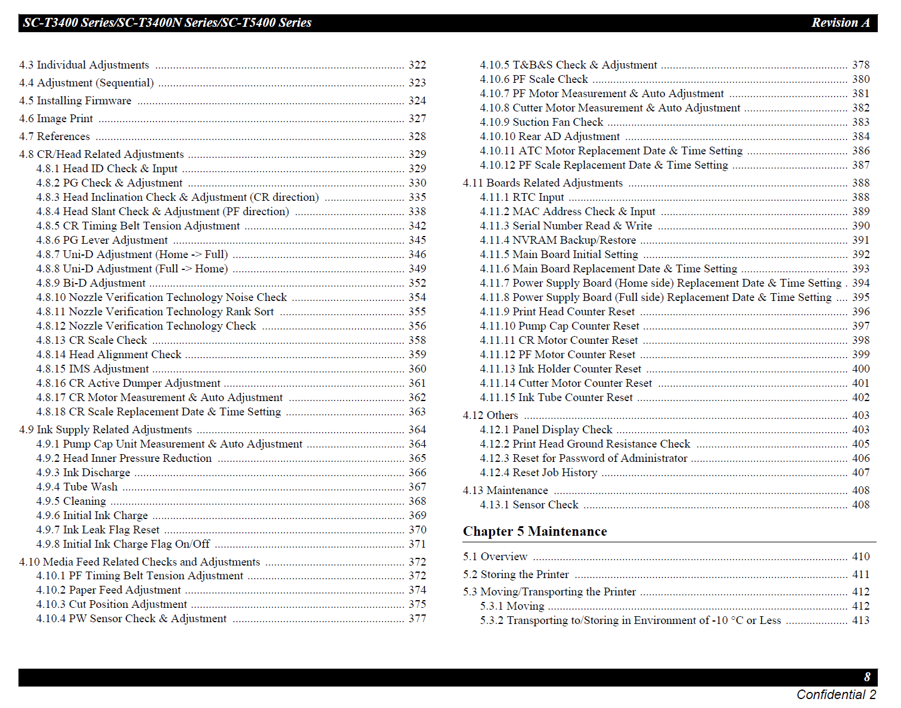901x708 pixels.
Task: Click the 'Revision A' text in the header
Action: tap(840, 23)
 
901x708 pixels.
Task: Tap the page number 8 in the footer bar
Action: tap(867, 677)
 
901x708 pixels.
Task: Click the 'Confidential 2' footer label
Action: tap(836, 695)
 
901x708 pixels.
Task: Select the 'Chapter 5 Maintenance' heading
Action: tap(535, 532)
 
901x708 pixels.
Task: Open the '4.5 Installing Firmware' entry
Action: tap(75, 101)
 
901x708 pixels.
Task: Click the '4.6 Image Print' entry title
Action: tap(56, 119)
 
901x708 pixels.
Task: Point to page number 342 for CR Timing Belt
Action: tap(417, 226)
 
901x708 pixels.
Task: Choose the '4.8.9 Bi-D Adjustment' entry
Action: tap(91, 283)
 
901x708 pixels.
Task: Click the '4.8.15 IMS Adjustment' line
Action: tap(92, 369)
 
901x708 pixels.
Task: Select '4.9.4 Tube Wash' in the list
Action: tap(77, 487)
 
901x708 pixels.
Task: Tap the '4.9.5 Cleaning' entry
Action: tap(71, 501)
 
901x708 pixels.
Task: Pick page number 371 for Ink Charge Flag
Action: tap(417, 544)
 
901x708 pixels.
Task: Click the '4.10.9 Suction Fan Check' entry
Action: tap(541, 122)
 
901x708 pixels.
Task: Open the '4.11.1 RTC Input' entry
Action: tap(521, 197)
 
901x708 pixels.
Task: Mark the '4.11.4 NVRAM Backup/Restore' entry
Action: tap(558, 240)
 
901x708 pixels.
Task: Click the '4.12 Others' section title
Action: tap(490, 415)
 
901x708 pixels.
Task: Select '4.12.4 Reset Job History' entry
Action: tap(538, 473)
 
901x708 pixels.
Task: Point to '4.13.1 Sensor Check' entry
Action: tap(529, 505)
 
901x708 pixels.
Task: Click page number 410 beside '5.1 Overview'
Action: tap(860, 557)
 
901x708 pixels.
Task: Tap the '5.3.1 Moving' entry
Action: tap(512, 606)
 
